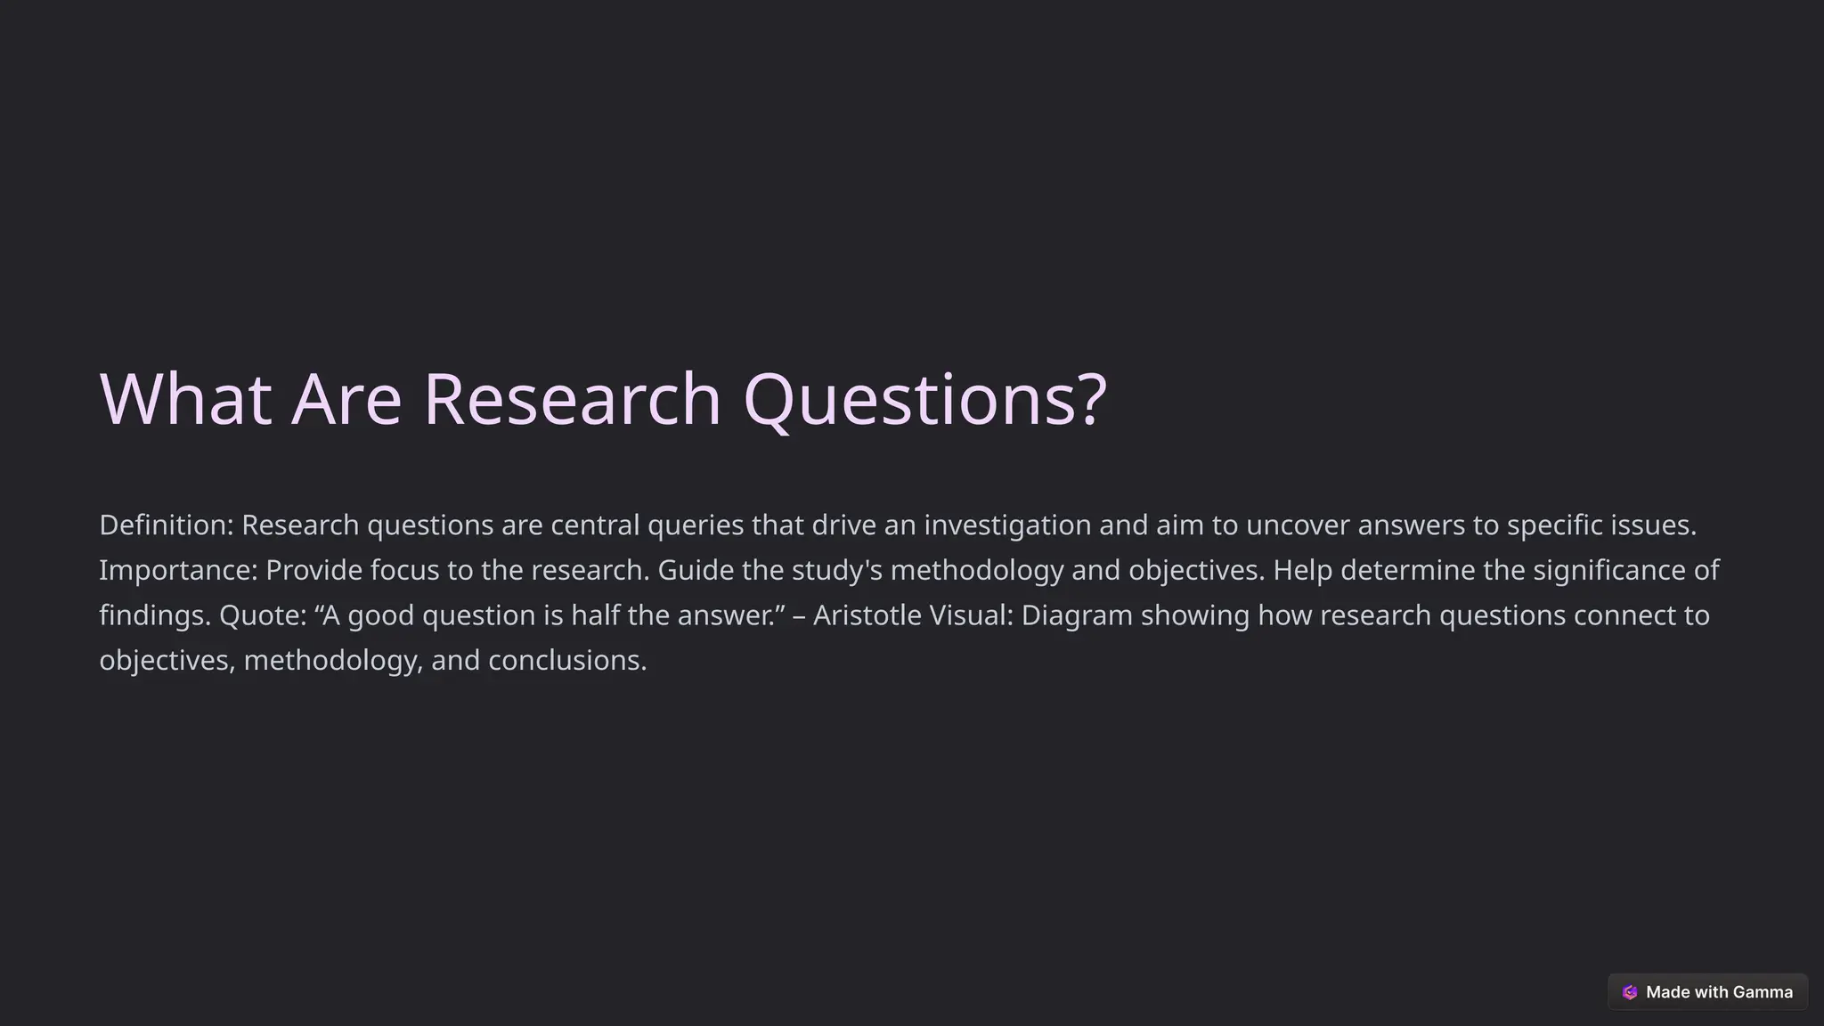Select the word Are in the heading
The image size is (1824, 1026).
346,399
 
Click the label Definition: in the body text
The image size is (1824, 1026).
167,525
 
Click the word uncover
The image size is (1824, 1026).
1298,525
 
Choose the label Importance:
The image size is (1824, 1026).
178,570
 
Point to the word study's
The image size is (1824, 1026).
836,570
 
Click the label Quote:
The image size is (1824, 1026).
263,615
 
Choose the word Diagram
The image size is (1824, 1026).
1077,615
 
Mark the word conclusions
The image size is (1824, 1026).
566,660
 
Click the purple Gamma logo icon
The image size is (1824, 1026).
1630,992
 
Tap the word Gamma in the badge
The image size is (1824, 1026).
1763,992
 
